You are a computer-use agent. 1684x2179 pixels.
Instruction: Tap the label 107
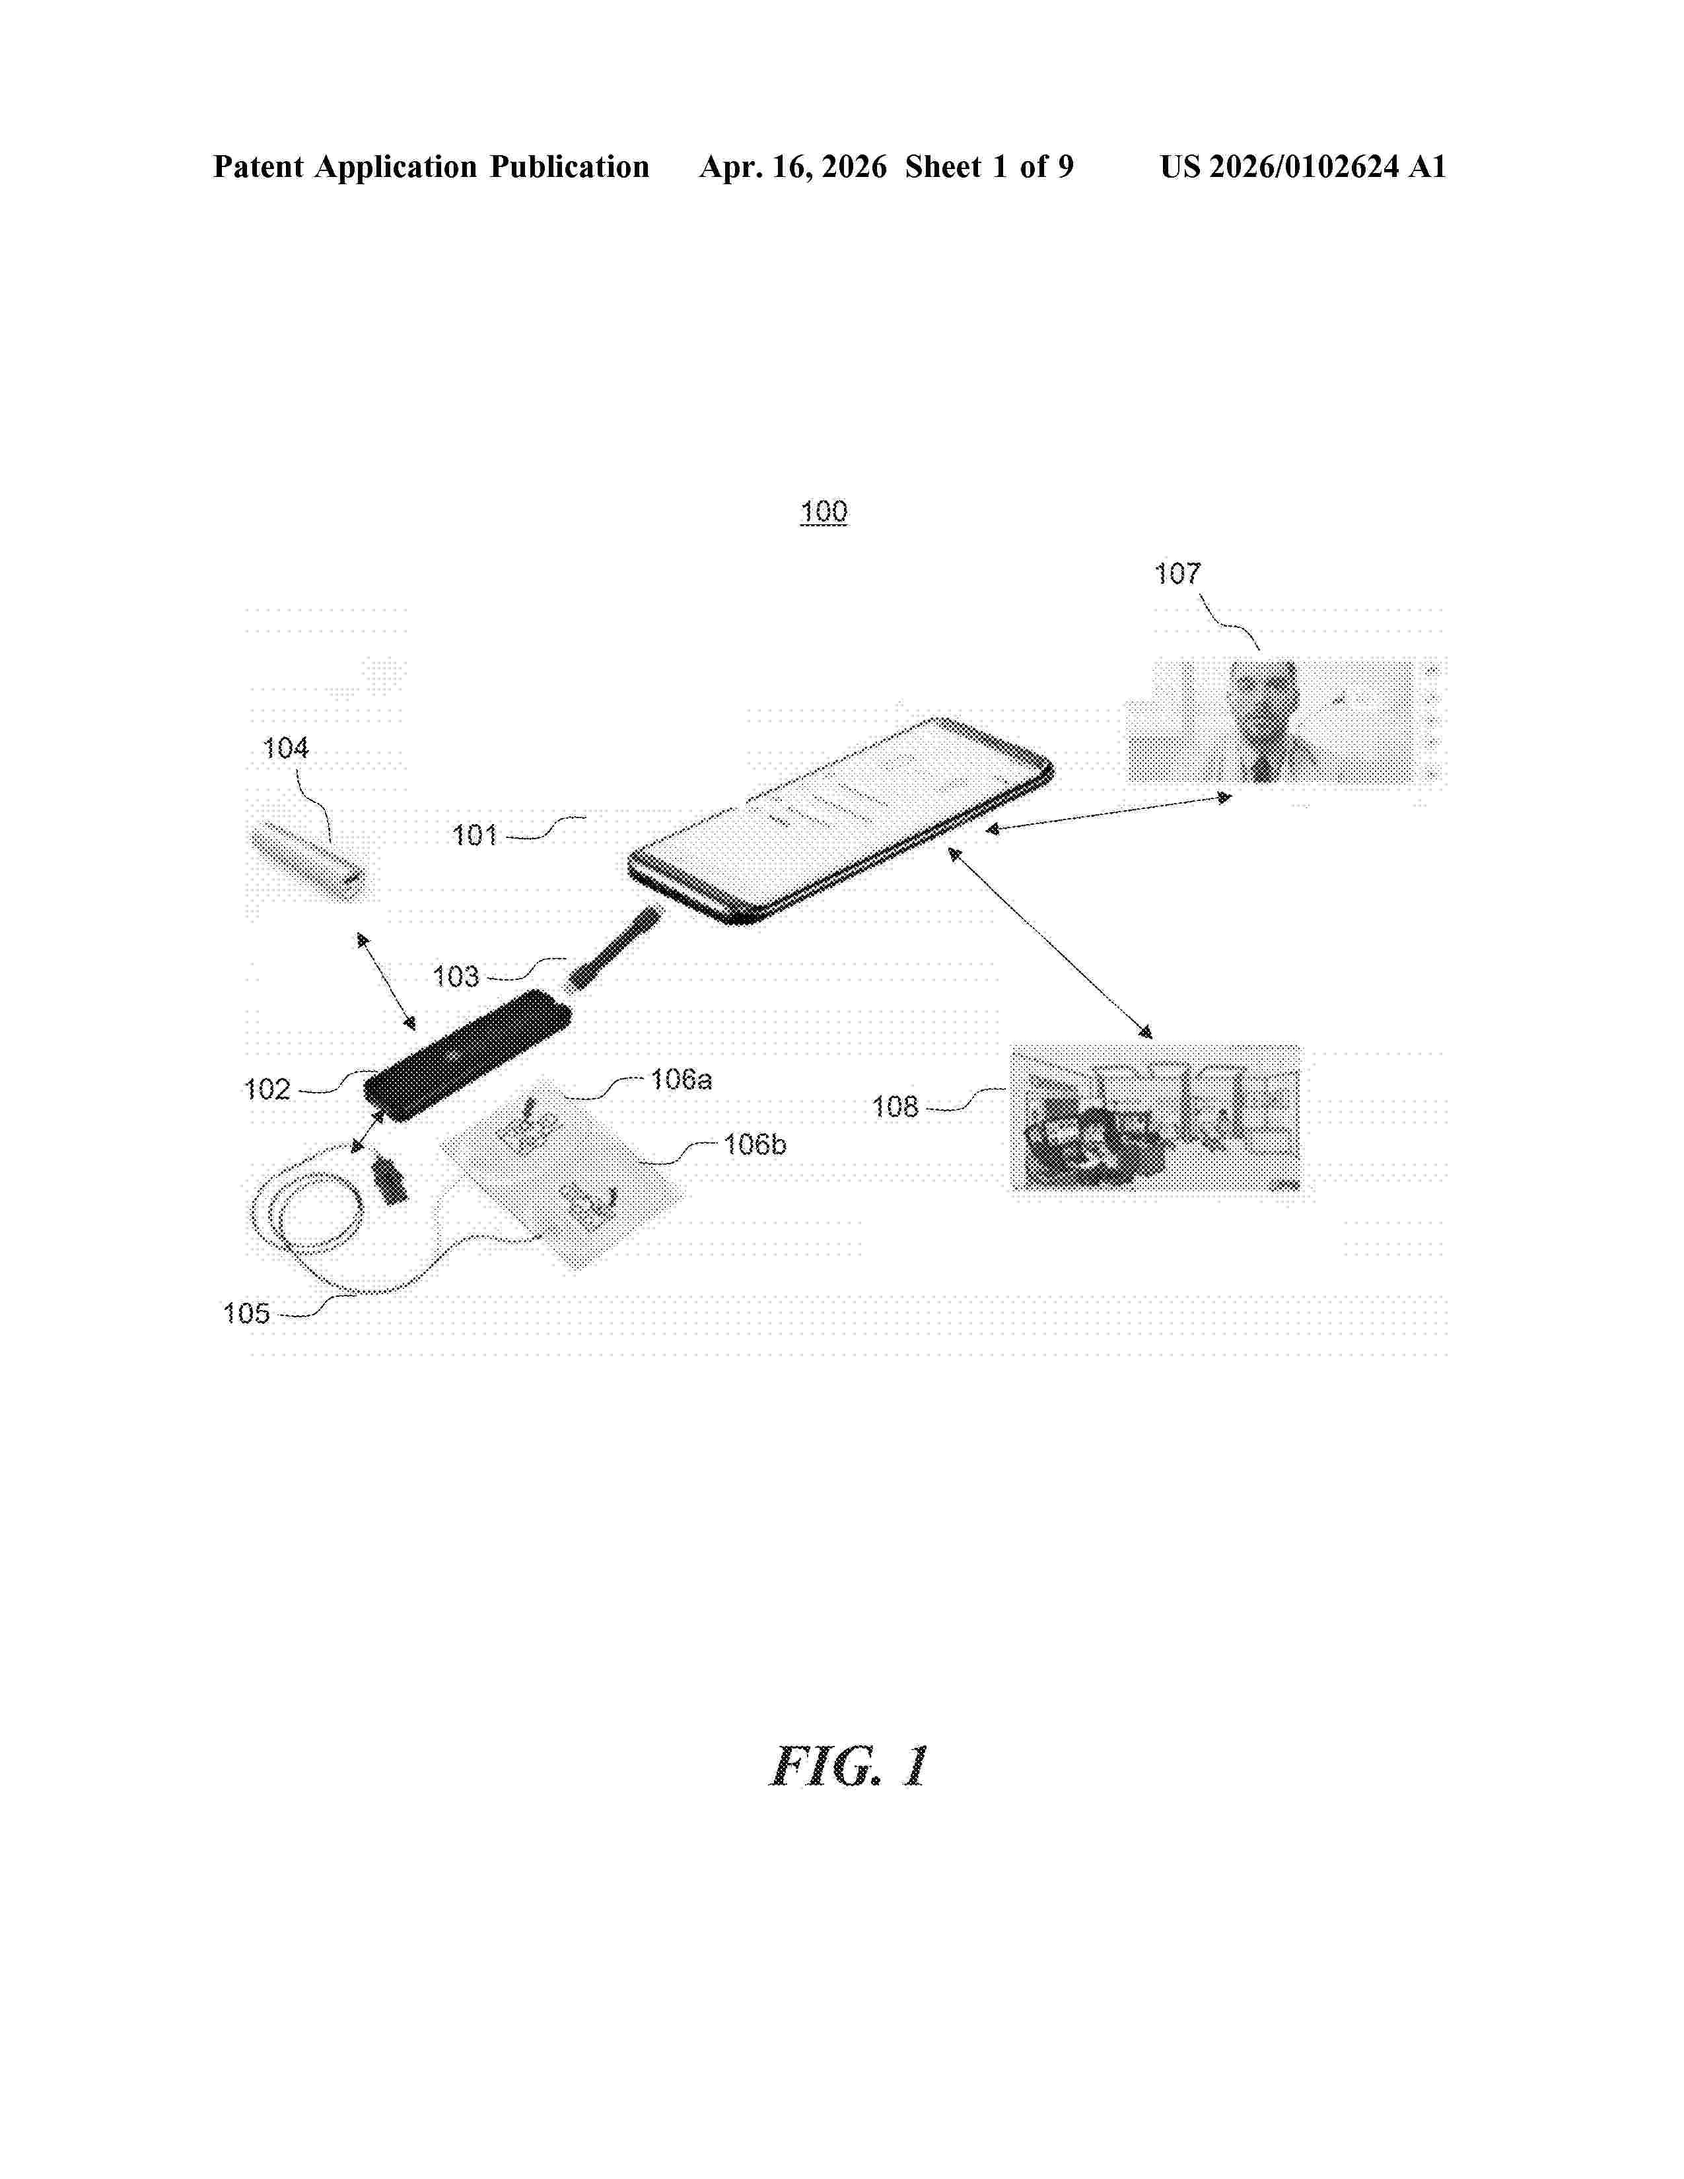1177,574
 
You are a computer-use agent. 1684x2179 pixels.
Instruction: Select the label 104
285,748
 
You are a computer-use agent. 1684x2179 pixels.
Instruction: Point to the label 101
474,835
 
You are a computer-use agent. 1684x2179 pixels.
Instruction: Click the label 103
456,977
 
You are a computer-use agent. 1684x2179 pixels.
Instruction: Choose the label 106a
682,1080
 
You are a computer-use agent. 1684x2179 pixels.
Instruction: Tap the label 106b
755,1146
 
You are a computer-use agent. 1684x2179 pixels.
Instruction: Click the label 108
895,1107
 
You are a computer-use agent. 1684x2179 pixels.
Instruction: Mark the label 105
246,1314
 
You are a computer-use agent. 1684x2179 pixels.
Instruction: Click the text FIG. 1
850,1767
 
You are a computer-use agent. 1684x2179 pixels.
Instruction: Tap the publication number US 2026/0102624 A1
1303,166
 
